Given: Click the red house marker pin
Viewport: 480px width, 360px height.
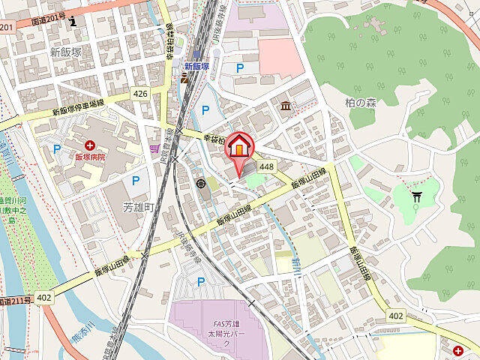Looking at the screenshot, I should pyautogui.click(x=239, y=147).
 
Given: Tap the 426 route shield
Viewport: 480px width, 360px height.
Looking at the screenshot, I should pyautogui.click(x=139, y=94).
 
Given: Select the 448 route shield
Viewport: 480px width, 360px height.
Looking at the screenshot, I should pyautogui.click(x=267, y=166).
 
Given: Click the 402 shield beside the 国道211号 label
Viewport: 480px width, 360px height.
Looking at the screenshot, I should pyautogui.click(x=44, y=298).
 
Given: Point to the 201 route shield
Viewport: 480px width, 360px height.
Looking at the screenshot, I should pyautogui.click(x=7, y=27).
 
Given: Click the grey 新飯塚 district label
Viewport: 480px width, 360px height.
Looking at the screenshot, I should pyautogui.click(x=66, y=52).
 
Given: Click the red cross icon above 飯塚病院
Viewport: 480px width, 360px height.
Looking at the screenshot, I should pyautogui.click(x=90, y=144).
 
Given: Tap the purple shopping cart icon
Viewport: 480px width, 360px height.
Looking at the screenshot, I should pyautogui.click(x=155, y=149).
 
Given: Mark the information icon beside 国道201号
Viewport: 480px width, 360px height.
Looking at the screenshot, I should pyautogui.click(x=73, y=20).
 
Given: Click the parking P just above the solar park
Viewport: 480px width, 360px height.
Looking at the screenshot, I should pyautogui.click(x=200, y=281).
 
